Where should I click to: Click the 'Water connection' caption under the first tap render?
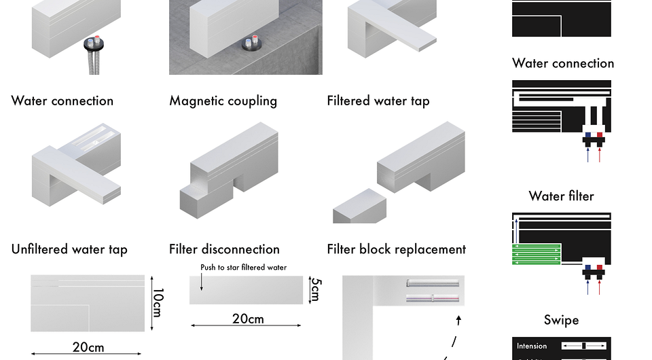click(x=62, y=101)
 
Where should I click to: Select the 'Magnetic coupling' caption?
click(x=223, y=101)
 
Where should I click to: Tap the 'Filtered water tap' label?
click(x=378, y=101)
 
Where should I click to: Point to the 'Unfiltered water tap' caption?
click(x=69, y=250)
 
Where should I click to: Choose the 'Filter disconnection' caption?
click(x=224, y=250)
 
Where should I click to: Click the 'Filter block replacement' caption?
click(x=396, y=250)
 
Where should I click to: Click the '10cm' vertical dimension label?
click(x=157, y=302)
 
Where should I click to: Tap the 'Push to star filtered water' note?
click(x=243, y=268)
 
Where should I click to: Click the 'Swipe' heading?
click(x=561, y=320)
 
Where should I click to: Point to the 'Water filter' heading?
click(x=561, y=196)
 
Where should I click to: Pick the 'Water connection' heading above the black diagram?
click(x=563, y=64)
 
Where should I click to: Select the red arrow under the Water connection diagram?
click(x=600, y=155)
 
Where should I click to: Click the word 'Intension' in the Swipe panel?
click(x=532, y=346)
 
